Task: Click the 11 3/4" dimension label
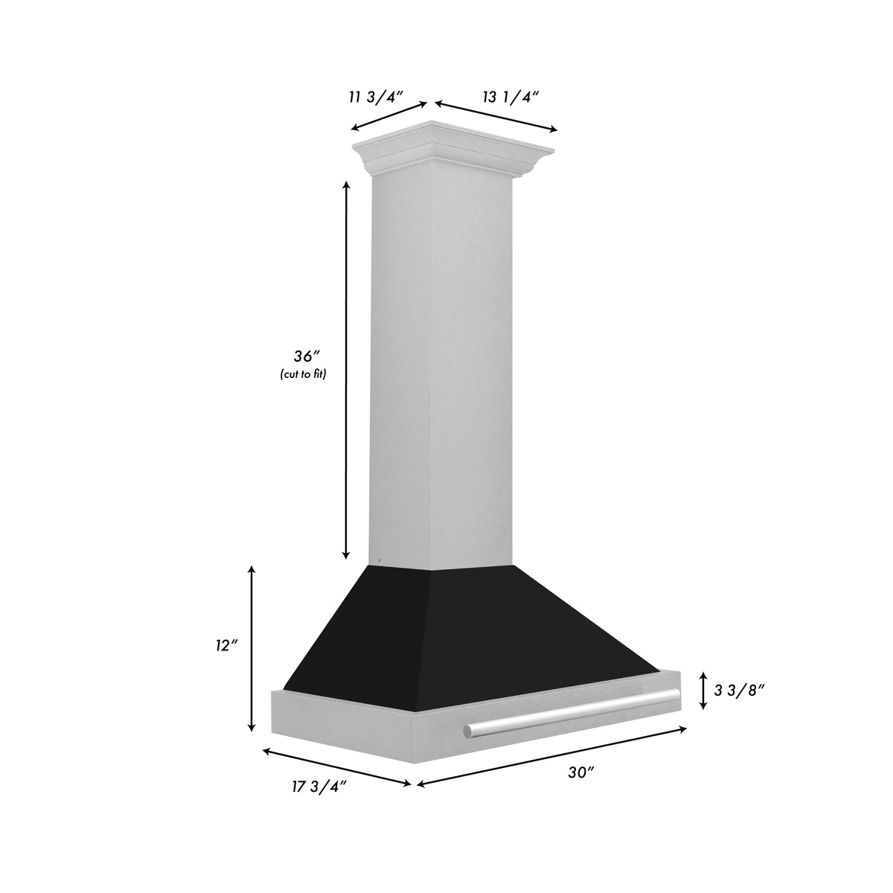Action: (375, 96)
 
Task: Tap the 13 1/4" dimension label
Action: (510, 96)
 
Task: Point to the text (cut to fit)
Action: (303, 374)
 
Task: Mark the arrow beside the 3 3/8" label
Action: (702, 690)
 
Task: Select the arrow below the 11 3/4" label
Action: (389, 115)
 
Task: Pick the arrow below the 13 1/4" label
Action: (496, 115)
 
